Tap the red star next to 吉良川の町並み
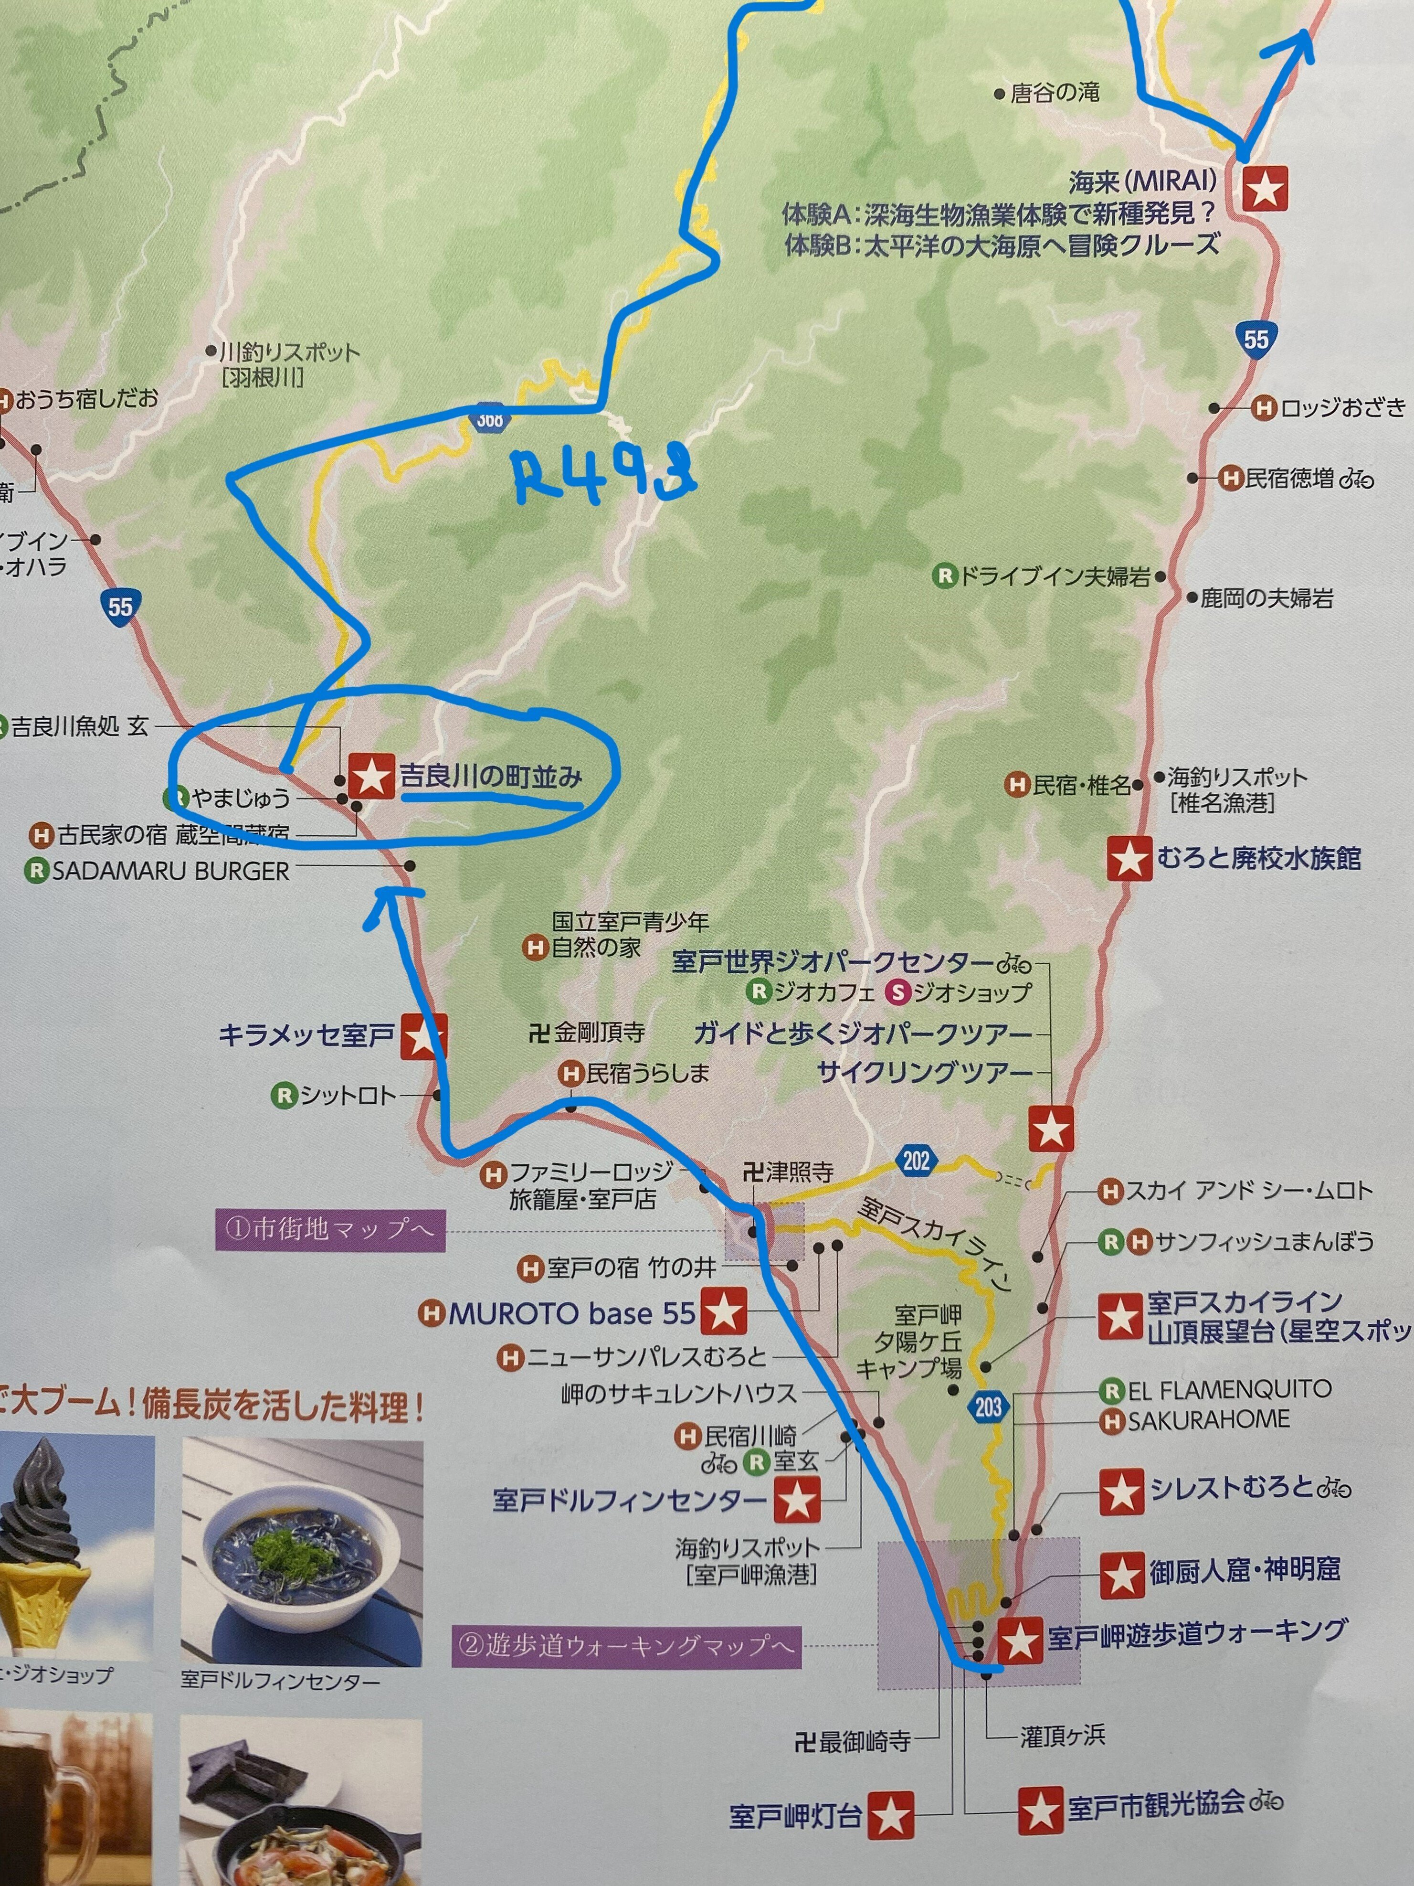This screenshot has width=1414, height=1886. click(x=371, y=777)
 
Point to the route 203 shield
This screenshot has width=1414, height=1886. click(x=988, y=1406)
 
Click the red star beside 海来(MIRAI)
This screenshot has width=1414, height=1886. click(x=1264, y=188)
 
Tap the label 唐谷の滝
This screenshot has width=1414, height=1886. click(x=1055, y=93)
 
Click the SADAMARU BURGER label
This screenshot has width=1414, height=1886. click(x=170, y=872)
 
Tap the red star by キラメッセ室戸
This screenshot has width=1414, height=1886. click(x=423, y=1036)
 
